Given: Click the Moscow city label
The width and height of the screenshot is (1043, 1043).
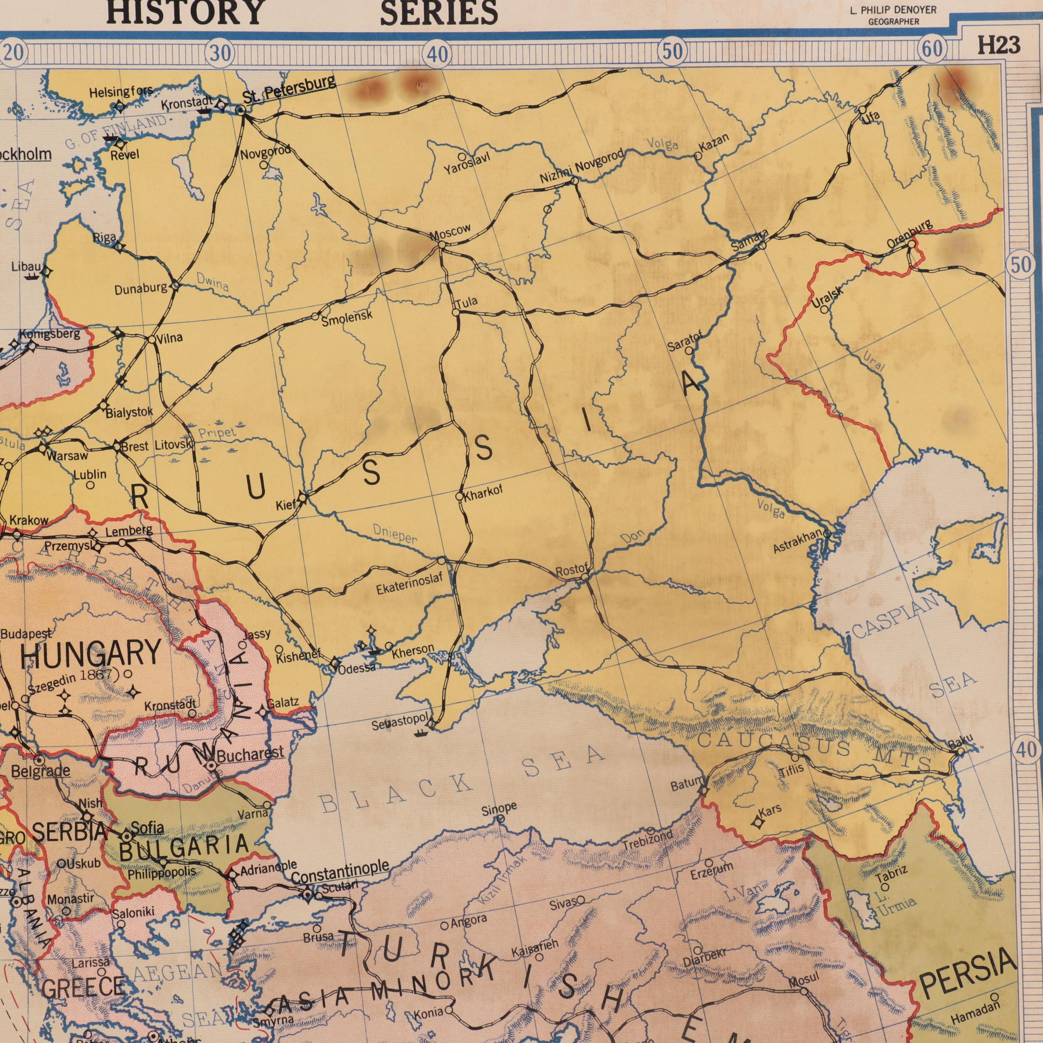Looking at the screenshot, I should [x=450, y=233].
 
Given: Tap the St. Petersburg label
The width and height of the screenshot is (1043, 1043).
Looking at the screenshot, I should [x=289, y=90].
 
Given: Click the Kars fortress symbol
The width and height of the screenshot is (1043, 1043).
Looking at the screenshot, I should [x=758, y=823].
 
